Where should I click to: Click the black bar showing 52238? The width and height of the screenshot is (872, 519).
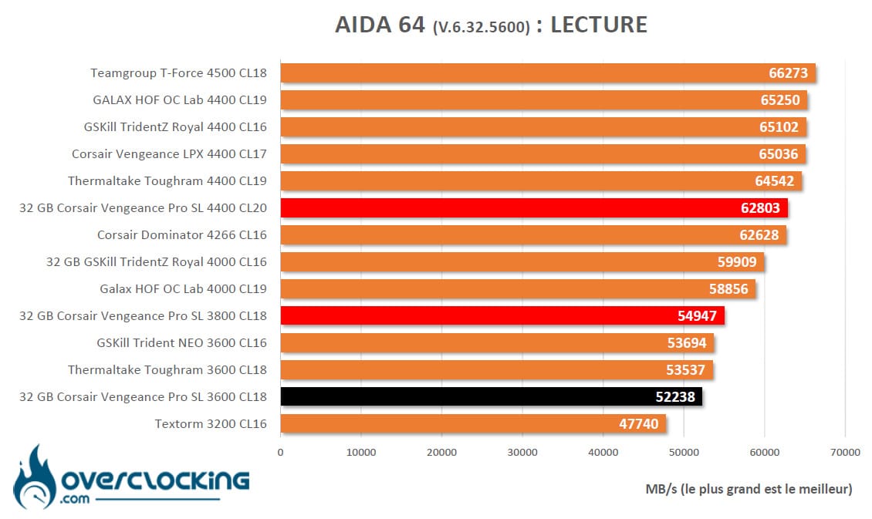(491, 396)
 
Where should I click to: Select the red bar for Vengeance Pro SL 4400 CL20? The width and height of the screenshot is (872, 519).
(534, 207)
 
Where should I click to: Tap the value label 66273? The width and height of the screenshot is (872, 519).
(788, 73)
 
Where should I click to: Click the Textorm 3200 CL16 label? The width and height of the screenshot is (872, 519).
(211, 424)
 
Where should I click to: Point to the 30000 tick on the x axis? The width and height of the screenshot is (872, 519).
(522, 453)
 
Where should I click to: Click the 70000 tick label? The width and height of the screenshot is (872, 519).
(845, 453)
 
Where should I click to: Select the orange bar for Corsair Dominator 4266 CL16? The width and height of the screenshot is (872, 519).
(533, 235)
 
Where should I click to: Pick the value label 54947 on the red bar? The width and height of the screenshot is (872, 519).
(697, 316)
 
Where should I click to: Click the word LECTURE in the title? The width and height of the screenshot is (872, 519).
(599, 25)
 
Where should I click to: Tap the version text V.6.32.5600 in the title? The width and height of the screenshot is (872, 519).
(482, 28)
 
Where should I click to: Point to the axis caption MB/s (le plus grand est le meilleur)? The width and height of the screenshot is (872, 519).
(749, 489)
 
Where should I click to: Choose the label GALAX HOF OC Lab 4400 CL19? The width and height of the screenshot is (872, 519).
(180, 100)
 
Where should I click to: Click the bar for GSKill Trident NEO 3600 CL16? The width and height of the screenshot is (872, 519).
(497, 343)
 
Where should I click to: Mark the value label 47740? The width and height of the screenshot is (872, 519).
(638, 424)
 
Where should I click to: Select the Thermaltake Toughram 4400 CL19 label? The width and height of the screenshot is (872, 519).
(167, 181)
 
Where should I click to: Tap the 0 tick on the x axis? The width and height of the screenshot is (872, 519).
(280, 453)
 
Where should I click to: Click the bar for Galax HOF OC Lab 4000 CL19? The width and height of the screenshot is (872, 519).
(518, 289)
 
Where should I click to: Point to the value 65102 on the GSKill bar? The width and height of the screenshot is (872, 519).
(779, 127)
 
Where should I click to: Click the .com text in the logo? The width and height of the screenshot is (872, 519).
(75, 498)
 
